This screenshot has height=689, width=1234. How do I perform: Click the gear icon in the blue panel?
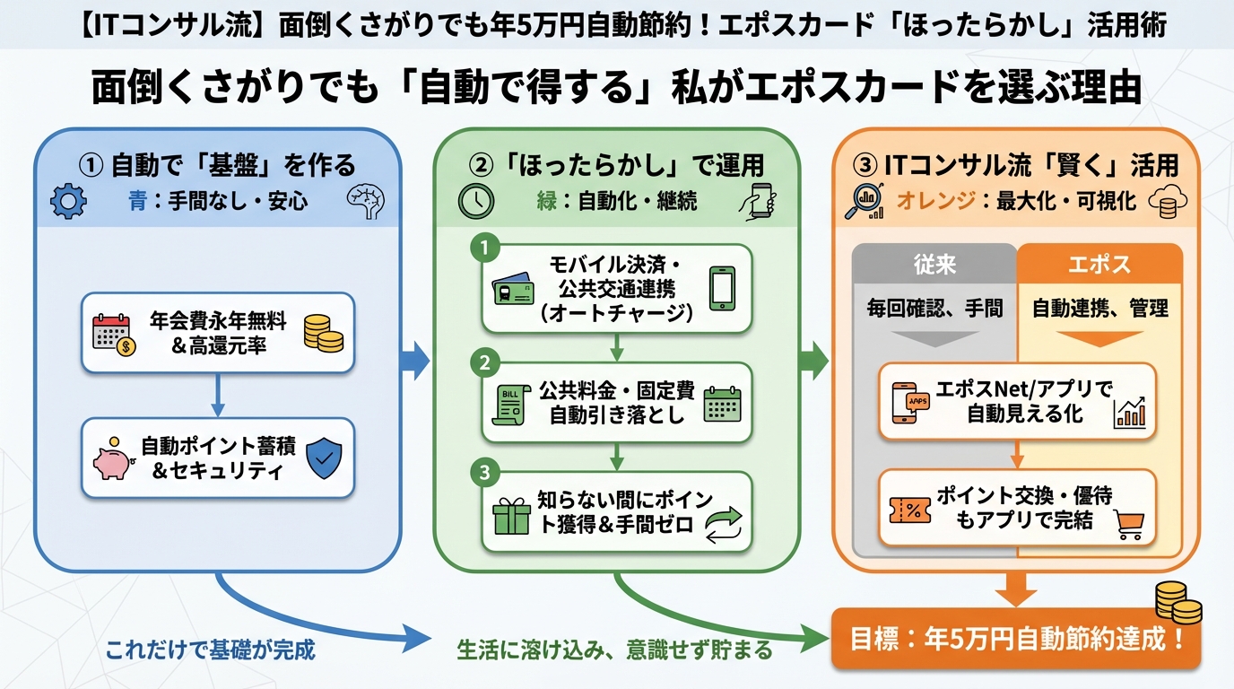(x=67, y=201)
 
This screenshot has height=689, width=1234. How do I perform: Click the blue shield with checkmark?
(x=324, y=457)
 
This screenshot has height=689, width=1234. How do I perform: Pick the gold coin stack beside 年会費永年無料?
(x=323, y=331)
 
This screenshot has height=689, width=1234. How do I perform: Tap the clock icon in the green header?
(x=475, y=201)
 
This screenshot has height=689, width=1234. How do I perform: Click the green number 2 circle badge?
(x=484, y=363)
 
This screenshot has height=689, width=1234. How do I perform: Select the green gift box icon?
(x=511, y=518)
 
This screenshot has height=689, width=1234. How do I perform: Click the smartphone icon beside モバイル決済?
(x=722, y=287)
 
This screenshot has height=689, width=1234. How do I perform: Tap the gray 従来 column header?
(x=934, y=265)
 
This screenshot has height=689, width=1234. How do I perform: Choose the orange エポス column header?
(x=1099, y=265)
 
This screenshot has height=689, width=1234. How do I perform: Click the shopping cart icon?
(x=1129, y=523)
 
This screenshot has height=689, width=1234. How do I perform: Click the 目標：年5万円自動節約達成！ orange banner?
(x=1015, y=640)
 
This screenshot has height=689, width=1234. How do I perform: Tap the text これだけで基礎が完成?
(x=211, y=650)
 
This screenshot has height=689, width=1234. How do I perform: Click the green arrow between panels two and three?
(x=813, y=361)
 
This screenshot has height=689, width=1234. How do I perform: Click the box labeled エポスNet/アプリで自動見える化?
(x=1017, y=401)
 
